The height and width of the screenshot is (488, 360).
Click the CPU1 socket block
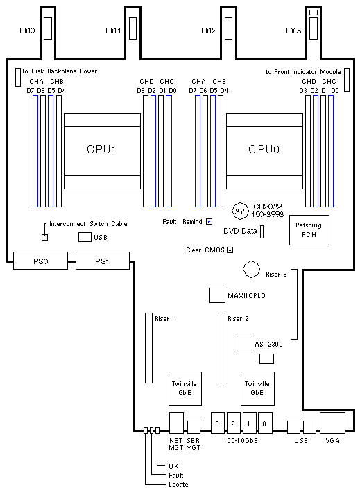coord(102,151)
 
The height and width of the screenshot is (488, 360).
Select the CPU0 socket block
coord(264,151)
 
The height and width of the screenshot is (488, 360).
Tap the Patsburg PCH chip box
coord(309,230)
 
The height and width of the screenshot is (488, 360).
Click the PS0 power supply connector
coord(40,261)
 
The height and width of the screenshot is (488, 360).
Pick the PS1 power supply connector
coord(103,261)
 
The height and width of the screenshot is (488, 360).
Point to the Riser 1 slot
coord(149,348)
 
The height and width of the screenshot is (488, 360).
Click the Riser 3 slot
coord(294,304)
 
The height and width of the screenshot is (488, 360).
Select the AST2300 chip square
coord(244,344)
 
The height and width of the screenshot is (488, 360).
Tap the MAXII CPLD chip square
coord(217,295)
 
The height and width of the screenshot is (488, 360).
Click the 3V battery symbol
coord(240,211)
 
